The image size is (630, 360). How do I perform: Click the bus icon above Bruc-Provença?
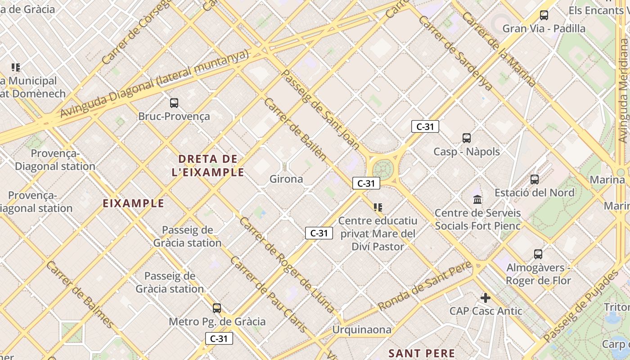point(174,103)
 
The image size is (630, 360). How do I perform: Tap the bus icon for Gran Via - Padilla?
point(544,15)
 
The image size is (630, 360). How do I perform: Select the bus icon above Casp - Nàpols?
point(467,138)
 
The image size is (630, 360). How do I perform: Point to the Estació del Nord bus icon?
point(535,179)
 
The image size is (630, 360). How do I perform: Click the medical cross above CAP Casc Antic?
point(485,297)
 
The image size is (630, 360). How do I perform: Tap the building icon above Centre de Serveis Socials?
point(477,199)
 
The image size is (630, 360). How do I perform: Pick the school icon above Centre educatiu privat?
point(378,207)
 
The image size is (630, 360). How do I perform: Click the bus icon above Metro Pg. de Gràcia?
point(217,308)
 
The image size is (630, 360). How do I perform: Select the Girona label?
point(286,179)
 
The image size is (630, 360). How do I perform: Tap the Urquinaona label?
point(362,330)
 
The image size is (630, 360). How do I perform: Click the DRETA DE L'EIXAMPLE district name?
point(208,165)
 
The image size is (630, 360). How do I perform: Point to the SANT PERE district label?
point(422,353)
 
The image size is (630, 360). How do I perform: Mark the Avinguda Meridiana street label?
point(623,90)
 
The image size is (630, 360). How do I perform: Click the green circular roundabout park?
point(383,169)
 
